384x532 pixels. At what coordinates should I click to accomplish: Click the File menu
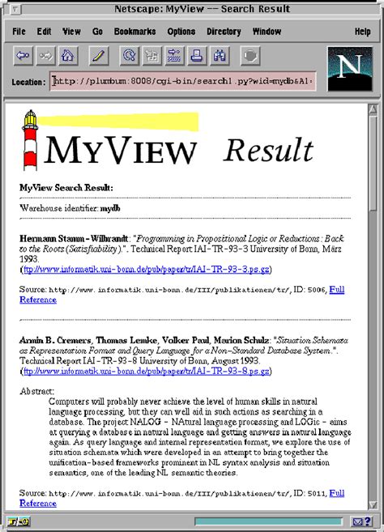pyautogui.click(x=19, y=32)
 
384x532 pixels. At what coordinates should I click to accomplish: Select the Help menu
pyautogui.click(x=362, y=32)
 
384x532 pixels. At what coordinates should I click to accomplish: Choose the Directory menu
pyautogui.click(x=224, y=32)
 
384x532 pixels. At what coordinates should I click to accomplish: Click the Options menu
pyautogui.click(x=181, y=32)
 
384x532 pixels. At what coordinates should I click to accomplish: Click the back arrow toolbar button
pyautogui.click(x=23, y=56)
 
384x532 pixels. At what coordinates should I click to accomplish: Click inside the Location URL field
pyautogui.click(x=182, y=81)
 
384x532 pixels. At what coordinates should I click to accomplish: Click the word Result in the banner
pyautogui.click(x=268, y=150)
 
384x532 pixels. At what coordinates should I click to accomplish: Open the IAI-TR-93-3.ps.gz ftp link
pyautogui.click(x=147, y=269)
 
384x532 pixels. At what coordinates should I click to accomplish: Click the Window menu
pyautogui.click(x=267, y=32)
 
